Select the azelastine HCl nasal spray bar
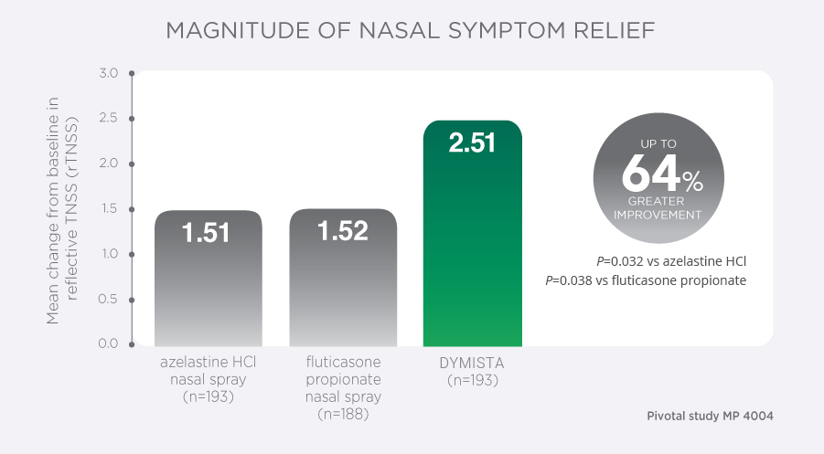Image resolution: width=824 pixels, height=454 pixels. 209,292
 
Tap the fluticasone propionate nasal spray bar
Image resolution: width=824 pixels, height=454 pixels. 343,292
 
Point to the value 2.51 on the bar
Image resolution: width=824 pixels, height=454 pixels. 473,143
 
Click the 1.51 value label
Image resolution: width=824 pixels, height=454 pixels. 209,233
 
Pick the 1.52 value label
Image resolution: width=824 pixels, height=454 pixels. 343,231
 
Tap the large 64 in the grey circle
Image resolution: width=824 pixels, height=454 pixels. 651,173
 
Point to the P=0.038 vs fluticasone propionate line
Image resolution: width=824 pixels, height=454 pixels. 646,280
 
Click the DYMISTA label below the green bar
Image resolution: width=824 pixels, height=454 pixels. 473,364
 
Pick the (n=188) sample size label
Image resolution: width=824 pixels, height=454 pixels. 343,414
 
